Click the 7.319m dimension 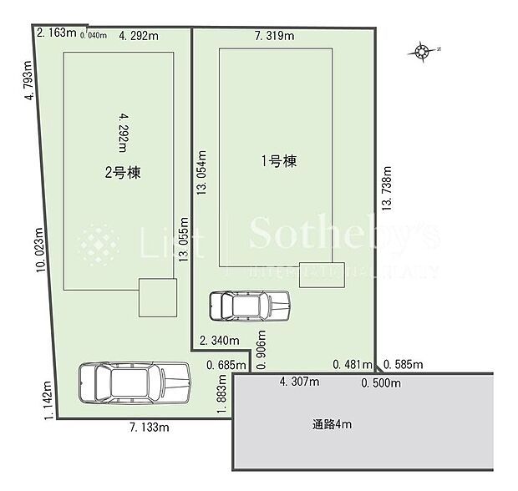coord(275,36)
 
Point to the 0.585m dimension coord(404,364)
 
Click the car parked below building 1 coord(249,306)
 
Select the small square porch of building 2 coord(158,297)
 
